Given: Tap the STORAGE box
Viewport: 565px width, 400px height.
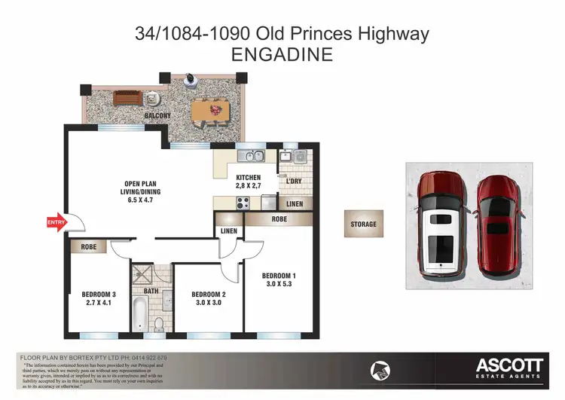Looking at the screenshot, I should (x=363, y=224).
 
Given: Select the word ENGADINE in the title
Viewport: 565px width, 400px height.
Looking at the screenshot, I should (x=282, y=54).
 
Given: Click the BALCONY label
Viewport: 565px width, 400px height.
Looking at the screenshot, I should (x=158, y=115).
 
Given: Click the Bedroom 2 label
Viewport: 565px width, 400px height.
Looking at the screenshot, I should (x=208, y=294).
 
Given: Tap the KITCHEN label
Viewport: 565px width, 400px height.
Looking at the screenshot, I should (x=248, y=178).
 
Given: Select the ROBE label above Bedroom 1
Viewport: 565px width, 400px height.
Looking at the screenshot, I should (x=279, y=219).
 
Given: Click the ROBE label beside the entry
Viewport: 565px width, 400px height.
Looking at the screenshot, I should (x=88, y=246).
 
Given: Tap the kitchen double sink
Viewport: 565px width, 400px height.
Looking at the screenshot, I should (x=250, y=157).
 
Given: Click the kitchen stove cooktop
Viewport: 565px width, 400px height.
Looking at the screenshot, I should (x=243, y=201).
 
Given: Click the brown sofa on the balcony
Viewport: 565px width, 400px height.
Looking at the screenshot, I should (x=127, y=98).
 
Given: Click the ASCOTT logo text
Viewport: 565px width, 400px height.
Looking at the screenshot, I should (x=508, y=365).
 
